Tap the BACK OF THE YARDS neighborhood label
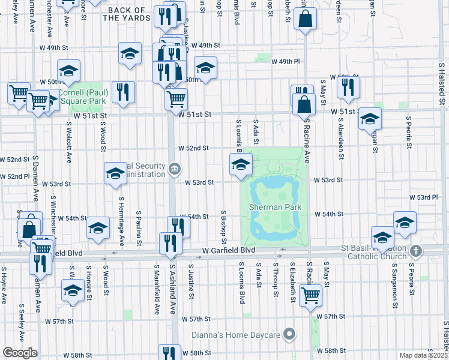(126, 14)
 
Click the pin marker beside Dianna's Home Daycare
(290, 334)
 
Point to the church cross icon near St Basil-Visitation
(417, 250)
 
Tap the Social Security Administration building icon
(173, 169)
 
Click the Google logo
(20, 353)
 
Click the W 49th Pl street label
(285, 61)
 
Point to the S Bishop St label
(223, 223)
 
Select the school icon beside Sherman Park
(240, 164)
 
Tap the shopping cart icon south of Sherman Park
(310, 294)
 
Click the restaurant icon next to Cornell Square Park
(123, 92)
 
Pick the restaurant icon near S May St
(348, 87)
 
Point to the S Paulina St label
(138, 224)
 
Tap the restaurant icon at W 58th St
(169, 353)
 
